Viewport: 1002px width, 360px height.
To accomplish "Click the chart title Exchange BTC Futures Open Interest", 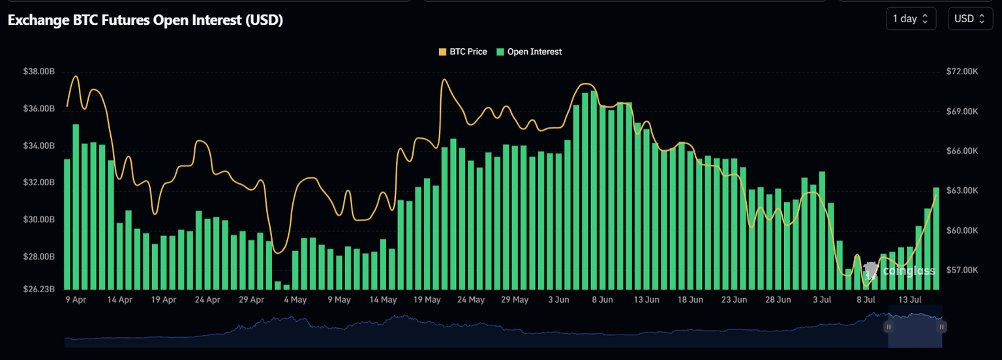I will tap(145, 20).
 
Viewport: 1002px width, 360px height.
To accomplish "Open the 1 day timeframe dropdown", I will tap(911, 19).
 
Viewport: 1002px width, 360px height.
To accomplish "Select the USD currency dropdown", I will tap(970, 19).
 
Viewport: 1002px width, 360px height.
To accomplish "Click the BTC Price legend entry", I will tap(463, 52).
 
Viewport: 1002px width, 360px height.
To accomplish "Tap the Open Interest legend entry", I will tap(529, 52).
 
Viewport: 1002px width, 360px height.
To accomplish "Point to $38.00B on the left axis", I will tap(38, 72).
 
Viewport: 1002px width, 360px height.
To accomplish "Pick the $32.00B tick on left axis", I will tap(38, 183).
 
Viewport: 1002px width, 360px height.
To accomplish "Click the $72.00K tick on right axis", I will tap(962, 72).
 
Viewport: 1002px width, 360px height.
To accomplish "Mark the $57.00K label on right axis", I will tap(962, 270).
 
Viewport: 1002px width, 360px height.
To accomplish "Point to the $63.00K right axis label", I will tap(962, 191).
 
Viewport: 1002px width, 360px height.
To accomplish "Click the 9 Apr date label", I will tap(76, 300).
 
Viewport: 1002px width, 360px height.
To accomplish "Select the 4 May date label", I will tap(295, 300).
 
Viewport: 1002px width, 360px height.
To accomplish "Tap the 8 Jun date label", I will tap(602, 300).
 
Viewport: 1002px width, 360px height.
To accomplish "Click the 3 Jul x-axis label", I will tap(821, 300).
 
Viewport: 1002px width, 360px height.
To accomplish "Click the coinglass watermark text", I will tap(908, 271).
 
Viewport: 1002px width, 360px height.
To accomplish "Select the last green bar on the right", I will tap(936, 238).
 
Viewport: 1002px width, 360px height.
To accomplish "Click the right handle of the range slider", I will tap(941, 326).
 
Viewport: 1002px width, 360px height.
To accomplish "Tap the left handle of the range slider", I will tap(888, 326).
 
